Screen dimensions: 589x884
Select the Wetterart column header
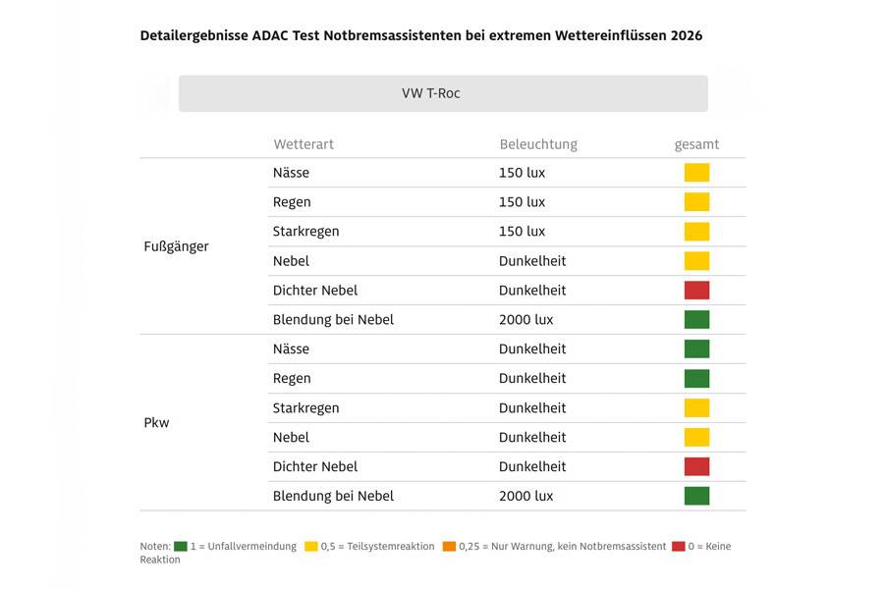[x=304, y=144]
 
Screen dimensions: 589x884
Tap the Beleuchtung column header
[x=538, y=144]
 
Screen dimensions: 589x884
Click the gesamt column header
[x=696, y=144]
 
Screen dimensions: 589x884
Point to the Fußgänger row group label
[x=176, y=246]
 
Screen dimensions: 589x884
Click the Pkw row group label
[x=156, y=423]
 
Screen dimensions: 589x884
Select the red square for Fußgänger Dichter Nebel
[x=696, y=291]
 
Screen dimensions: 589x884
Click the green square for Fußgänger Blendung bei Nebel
[x=696, y=320]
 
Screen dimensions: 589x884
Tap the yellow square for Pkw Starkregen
[x=696, y=408]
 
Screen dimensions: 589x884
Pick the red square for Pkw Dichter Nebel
[x=696, y=467]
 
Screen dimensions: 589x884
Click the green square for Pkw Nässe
[x=696, y=349]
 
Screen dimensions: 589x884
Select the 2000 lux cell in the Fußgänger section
[x=525, y=320]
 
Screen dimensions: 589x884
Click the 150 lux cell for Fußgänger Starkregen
[x=522, y=232]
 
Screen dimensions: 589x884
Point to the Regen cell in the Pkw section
[x=292, y=379]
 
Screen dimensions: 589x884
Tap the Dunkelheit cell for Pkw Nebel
[x=532, y=438]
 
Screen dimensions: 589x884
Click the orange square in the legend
[x=449, y=547]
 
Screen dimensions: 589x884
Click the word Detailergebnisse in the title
[x=191, y=35]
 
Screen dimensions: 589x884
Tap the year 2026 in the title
[x=687, y=35]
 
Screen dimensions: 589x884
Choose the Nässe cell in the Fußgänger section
[x=291, y=173]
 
